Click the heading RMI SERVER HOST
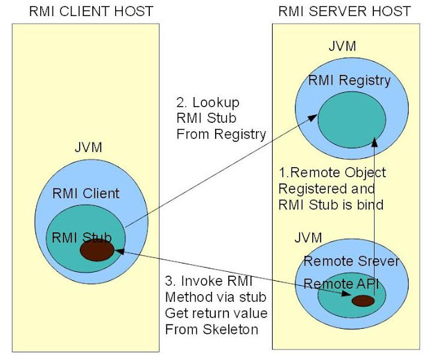[x=344, y=12]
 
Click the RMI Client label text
[x=86, y=194]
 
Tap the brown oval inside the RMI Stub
[x=96, y=250]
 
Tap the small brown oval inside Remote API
[x=362, y=301]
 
